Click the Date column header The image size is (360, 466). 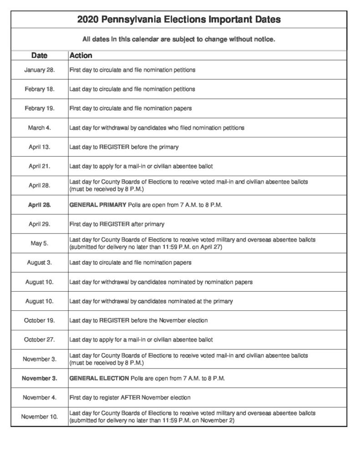pyautogui.click(x=39, y=56)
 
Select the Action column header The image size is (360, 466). pyautogui.click(x=81, y=56)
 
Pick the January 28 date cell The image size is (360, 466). pyautogui.click(x=39, y=70)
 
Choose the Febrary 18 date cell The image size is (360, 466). pyautogui.click(x=39, y=89)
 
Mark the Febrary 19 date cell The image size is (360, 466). pyautogui.click(x=39, y=108)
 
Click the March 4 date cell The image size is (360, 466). pyautogui.click(x=39, y=128)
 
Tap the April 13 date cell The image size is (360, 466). pyautogui.click(x=39, y=147)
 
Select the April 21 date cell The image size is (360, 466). pyautogui.click(x=39, y=166)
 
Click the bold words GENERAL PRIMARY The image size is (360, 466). pyautogui.click(x=97, y=205)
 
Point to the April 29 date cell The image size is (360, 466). pyautogui.click(x=39, y=224)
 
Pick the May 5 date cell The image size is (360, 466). pyautogui.click(x=39, y=243)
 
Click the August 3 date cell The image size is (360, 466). pyautogui.click(x=39, y=263)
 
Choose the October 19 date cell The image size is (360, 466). pyautogui.click(x=39, y=320)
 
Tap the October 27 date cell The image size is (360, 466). pyautogui.click(x=39, y=339)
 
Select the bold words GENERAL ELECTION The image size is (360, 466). pyautogui.click(x=99, y=378)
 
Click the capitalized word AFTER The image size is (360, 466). pyautogui.click(x=130, y=397)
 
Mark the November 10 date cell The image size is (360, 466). pyautogui.click(x=39, y=416)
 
